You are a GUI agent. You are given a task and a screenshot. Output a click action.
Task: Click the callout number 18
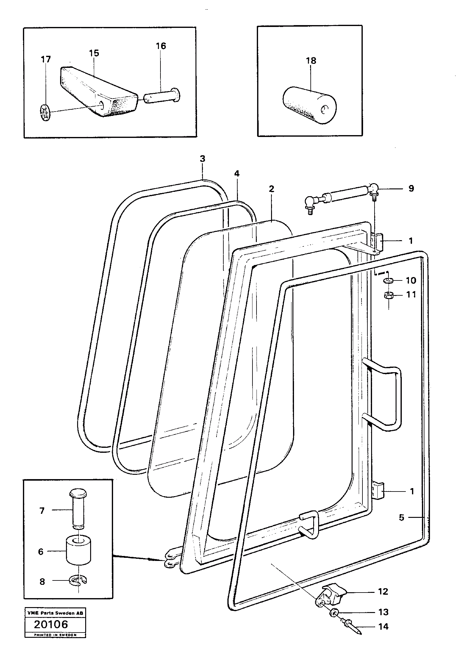pos(311,61)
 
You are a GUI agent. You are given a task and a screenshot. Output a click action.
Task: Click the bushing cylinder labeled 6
pos(79,551)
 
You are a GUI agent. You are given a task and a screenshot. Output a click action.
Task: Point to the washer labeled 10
pos(387,281)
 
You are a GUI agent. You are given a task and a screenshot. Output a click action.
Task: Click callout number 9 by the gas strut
pos(411,189)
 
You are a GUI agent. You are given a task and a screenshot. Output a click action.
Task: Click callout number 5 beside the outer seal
pos(401,517)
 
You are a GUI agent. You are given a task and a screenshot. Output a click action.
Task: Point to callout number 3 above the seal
pos(202,159)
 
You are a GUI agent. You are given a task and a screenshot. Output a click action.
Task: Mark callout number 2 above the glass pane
pos(271,189)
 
